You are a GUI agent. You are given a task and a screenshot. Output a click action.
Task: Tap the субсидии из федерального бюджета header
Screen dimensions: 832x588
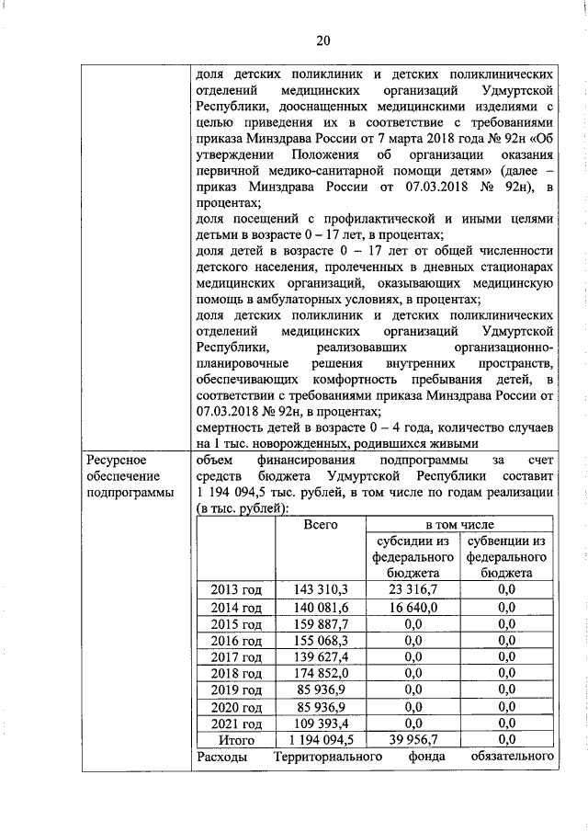413,556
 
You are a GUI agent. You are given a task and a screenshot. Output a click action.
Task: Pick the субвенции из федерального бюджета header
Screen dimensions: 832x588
506,556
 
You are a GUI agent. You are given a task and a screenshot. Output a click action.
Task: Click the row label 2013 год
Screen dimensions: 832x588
236,589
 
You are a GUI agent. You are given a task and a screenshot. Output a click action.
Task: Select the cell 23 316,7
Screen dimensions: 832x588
413,589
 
